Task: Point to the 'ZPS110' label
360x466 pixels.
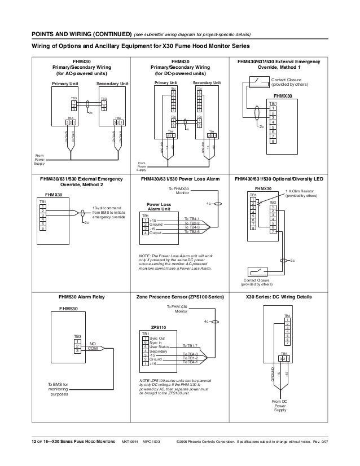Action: pos(159,327)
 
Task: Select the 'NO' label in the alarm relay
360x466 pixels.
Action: pos(93,343)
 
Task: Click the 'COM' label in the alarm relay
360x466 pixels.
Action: pos(93,348)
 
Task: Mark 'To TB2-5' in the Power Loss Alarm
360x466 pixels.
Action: pos(193,232)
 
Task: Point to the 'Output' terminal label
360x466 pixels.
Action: pos(157,232)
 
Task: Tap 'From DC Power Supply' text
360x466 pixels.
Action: pos(280,405)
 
